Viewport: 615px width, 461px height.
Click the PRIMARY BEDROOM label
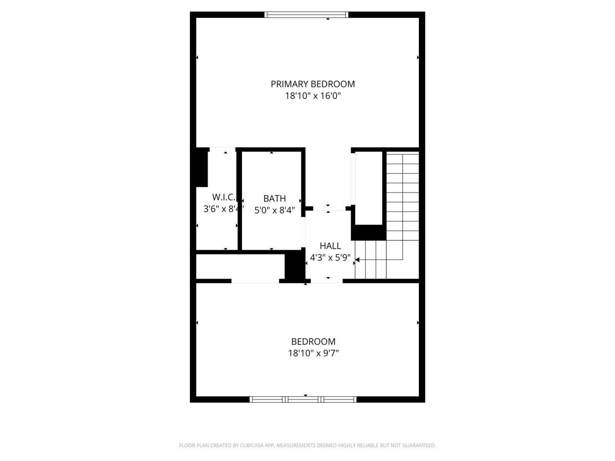pyautogui.click(x=313, y=84)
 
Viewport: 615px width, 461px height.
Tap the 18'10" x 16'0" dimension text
pyautogui.click(x=313, y=96)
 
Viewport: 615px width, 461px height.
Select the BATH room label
pyautogui.click(x=274, y=198)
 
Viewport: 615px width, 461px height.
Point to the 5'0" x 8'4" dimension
pyautogui.click(x=274, y=210)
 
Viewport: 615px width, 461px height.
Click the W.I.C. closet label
pyautogui.click(x=224, y=197)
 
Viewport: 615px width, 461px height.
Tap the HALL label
pyautogui.click(x=330, y=246)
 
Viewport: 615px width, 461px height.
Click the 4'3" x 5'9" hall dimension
pyautogui.click(x=330, y=257)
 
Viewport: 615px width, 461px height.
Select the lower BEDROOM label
pyautogui.click(x=313, y=341)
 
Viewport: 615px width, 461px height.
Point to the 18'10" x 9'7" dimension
pyautogui.click(x=313, y=353)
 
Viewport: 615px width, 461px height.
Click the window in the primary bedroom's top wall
pyautogui.click(x=307, y=15)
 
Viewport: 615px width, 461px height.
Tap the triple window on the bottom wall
pyautogui.click(x=303, y=399)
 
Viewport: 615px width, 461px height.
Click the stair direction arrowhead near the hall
pyautogui.click(x=357, y=260)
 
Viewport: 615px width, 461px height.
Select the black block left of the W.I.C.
pyautogui.click(x=201, y=167)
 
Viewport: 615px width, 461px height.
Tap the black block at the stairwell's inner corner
pyautogui.click(x=369, y=232)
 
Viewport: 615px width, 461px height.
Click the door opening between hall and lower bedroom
pyautogui.click(x=327, y=281)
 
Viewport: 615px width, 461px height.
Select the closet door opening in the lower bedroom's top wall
pyautogui.click(x=255, y=281)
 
